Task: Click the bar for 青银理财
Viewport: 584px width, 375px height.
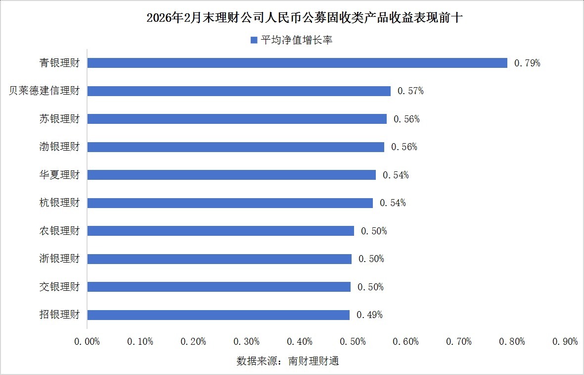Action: [297, 63]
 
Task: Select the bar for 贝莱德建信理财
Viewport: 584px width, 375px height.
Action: [239, 91]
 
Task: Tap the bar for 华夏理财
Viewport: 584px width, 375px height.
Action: [231, 175]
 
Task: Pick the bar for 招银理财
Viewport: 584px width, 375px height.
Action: [218, 315]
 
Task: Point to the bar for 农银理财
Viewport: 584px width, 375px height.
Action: [221, 231]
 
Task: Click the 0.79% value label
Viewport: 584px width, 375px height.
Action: [527, 63]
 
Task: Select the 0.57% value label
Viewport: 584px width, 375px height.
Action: [410, 91]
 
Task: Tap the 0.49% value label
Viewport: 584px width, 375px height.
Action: [369, 315]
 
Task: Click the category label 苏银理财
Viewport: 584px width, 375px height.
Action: [59, 119]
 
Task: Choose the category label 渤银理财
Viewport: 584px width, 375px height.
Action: [59, 147]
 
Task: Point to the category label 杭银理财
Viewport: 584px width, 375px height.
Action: [59, 203]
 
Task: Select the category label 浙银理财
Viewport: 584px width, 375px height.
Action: [59, 259]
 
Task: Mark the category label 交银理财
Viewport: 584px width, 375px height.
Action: [59, 287]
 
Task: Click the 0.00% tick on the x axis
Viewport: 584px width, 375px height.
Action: [87, 342]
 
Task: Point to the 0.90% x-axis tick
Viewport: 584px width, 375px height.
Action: [565, 342]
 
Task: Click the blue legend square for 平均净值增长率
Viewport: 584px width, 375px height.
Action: [254, 40]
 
